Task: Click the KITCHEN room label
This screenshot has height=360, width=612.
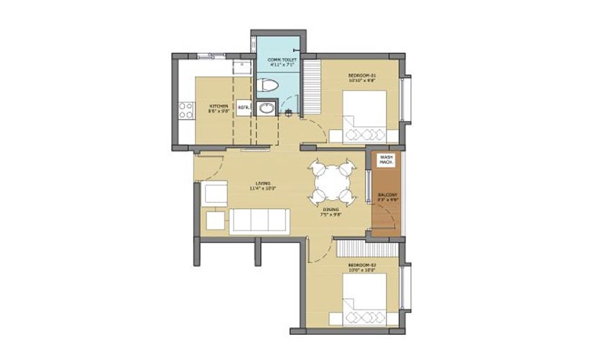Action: (x=218, y=107)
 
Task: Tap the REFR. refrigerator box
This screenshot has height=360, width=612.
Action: (x=243, y=107)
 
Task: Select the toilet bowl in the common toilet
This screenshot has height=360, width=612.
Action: (x=268, y=86)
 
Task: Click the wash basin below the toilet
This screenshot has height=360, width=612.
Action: (x=266, y=109)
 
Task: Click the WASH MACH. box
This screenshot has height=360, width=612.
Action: (x=386, y=159)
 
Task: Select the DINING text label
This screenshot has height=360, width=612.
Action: (x=331, y=210)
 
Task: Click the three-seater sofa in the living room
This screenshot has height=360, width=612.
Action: (x=259, y=221)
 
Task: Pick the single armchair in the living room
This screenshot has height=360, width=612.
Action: (x=215, y=194)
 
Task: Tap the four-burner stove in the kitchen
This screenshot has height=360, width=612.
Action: (x=186, y=109)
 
